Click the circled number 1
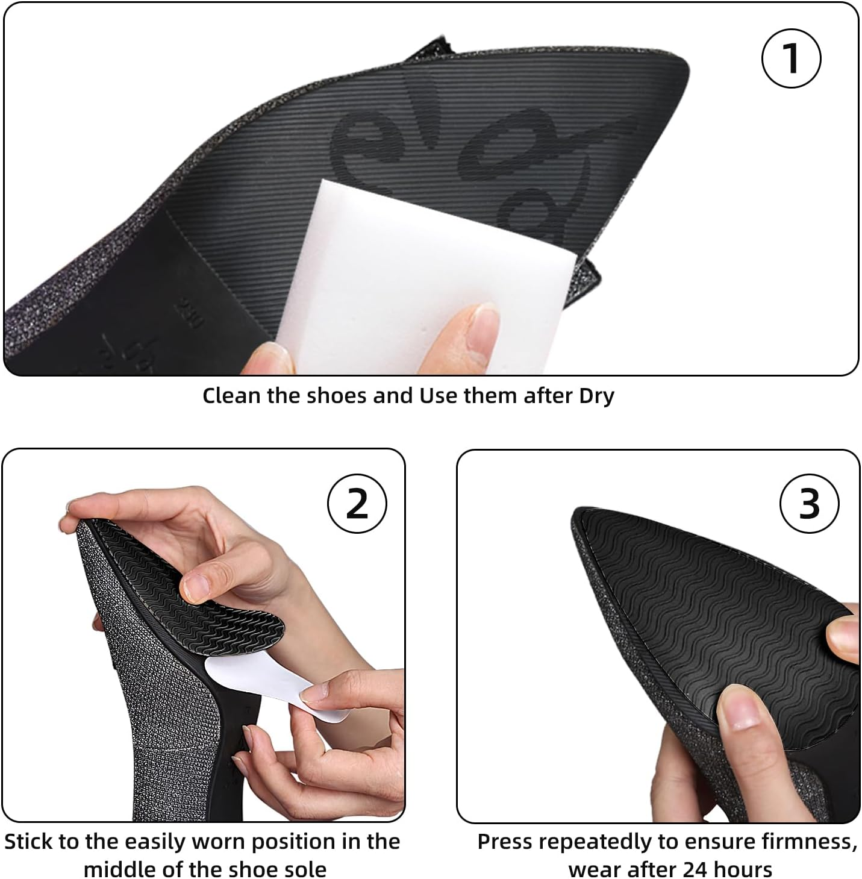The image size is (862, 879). coord(792,58)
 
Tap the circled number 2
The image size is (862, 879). coord(357,503)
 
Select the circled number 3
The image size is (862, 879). coord(809,503)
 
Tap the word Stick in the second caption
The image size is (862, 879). coord(30,841)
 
